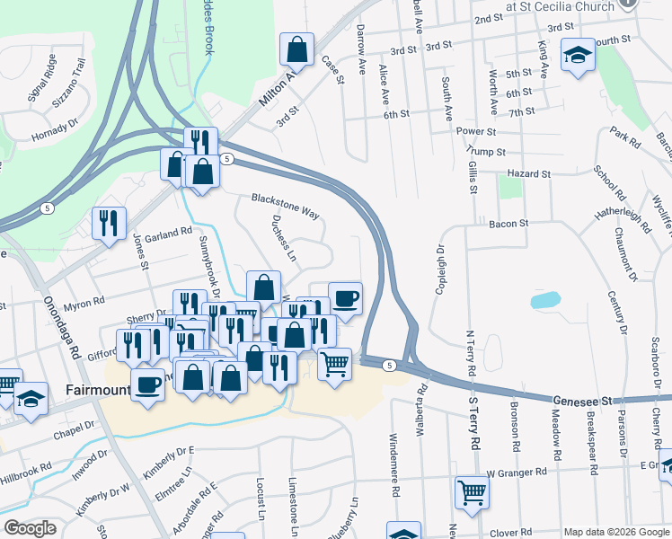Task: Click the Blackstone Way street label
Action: [285, 206]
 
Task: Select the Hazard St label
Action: [527, 173]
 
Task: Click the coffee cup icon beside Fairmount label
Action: [147, 384]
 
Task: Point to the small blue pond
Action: [545, 300]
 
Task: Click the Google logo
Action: [30, 528]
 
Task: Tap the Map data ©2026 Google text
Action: [615, 532]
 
